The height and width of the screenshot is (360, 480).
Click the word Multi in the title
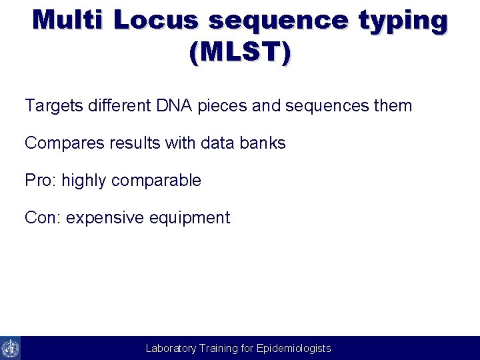(x=69, y=20)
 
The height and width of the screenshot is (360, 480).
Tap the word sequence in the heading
(x=278, y=20)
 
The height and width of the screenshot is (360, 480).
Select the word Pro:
(x=41, y=180)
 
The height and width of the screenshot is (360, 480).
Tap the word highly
(x=84, y=181)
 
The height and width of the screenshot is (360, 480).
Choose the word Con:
(x=43, y=217)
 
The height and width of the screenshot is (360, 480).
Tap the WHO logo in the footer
(x=11, y=348)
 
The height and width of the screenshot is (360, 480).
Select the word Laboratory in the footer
(x=171, y=348)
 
